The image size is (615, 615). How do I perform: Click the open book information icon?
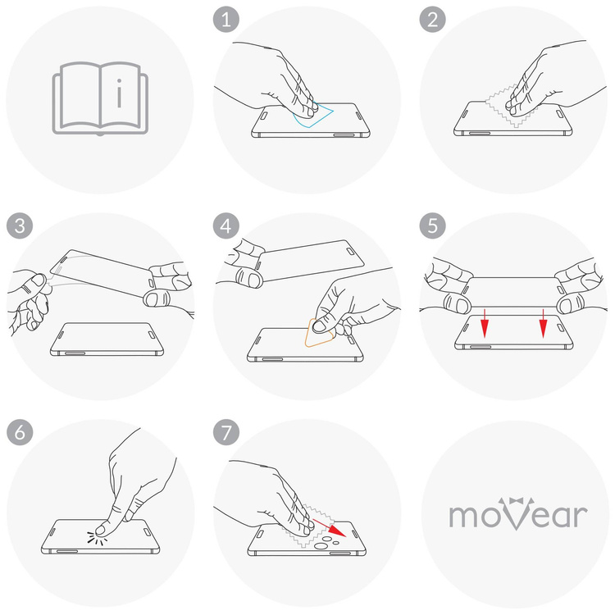100,99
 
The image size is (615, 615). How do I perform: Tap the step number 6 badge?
18,431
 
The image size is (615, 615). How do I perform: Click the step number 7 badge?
225,431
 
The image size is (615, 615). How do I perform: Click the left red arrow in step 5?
485,324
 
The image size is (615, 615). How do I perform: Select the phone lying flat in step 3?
107,339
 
